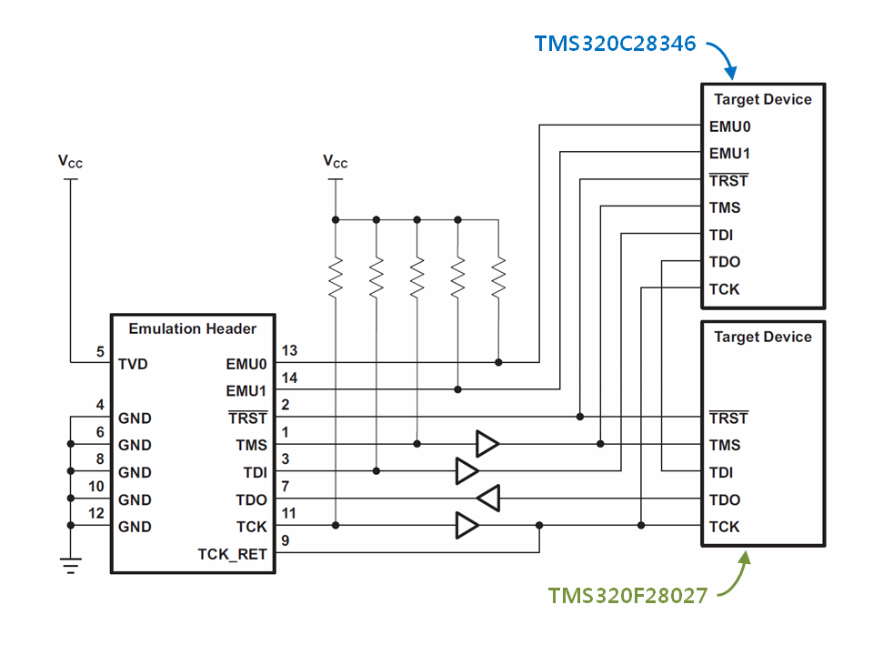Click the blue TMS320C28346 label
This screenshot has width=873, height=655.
(616, 44)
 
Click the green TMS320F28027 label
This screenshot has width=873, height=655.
(628, 595)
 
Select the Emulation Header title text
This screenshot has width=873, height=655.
(193, 328)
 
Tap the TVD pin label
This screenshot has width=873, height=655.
(133, 364)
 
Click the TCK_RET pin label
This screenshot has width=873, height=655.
(232, 554)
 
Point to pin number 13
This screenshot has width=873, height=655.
(289, 350)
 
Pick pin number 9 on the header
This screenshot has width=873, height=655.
(286, 540)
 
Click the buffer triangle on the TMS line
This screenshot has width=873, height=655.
(487, 444)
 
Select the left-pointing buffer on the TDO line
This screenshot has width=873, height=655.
(488, 498)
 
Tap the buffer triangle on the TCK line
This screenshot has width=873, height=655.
(467, 525)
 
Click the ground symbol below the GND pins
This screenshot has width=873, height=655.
(71, 565)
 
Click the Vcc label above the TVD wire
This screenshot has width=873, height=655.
(70, 162)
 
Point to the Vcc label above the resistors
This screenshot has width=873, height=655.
(336, 162)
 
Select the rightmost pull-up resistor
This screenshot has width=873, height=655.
(498, 277)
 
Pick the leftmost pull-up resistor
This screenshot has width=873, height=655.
(336, 277)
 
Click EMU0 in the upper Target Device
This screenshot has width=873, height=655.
(730, 126)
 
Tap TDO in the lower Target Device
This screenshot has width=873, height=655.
(725, 499)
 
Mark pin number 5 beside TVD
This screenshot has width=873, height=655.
(100, 351)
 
